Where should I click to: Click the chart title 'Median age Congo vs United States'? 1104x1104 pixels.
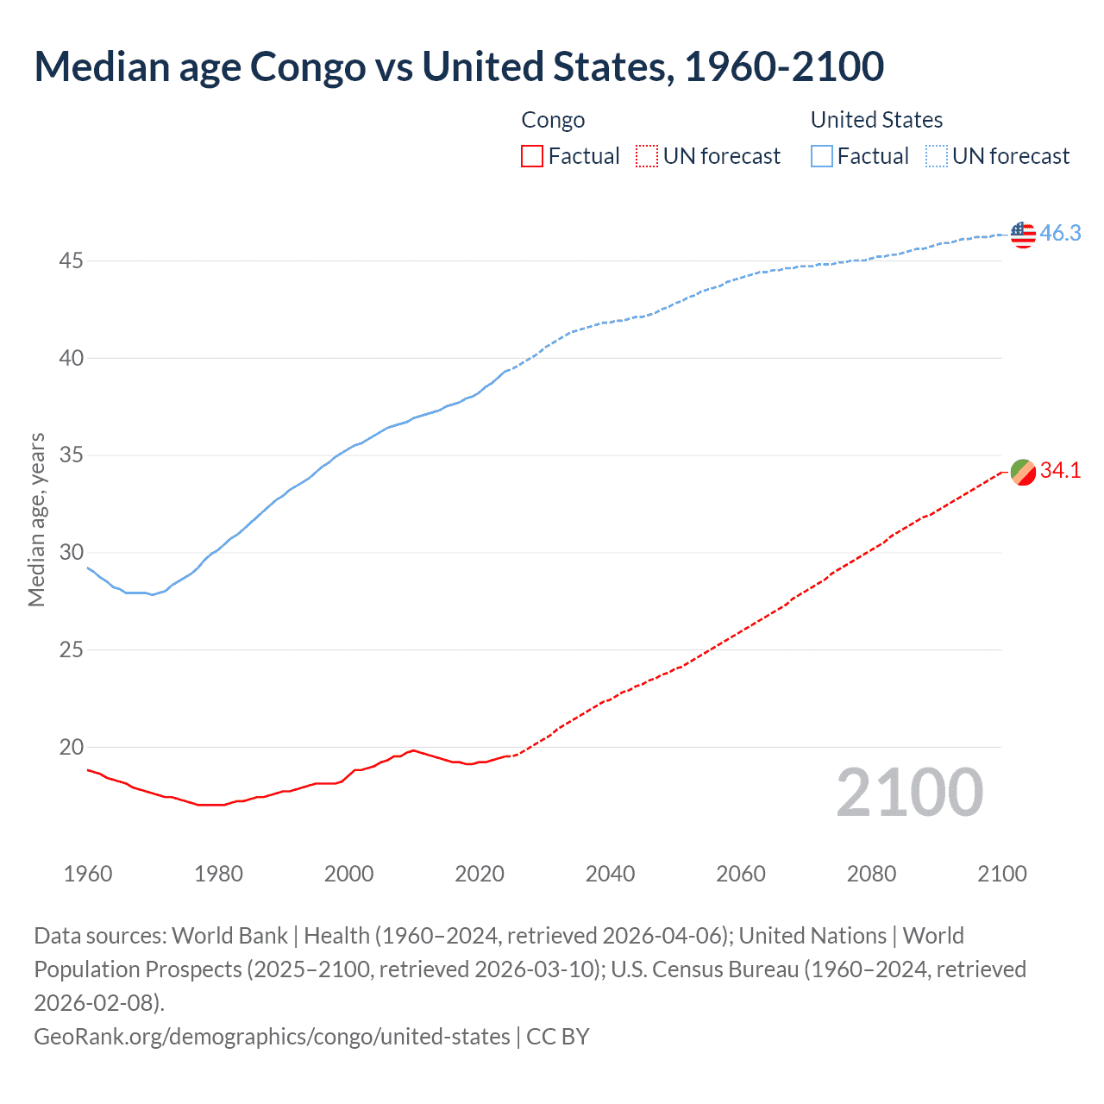pos(459,67)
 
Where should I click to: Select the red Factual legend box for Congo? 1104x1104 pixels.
pos(532,156)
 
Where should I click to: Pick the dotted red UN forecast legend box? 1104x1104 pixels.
pos(647,156)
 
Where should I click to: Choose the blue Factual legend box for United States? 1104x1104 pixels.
pos(822,156)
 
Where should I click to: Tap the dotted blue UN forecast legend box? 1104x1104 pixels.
pos(937,156)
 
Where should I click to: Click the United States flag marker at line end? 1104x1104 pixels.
pos(1023,234)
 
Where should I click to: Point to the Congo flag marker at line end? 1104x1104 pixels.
pos(1023,472)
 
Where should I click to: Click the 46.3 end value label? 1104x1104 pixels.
pos(1060,233)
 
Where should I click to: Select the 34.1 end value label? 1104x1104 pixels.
pos(1060,470)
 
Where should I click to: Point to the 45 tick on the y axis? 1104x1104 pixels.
pos(72,260)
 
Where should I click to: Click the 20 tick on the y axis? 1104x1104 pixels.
pos(72,747)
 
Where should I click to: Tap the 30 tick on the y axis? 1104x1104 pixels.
pos(72,552)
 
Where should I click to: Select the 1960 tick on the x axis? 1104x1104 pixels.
pos(88,874)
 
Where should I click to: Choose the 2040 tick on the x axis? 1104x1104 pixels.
pos(610,874)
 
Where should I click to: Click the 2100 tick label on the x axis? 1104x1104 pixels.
pos(1002,874)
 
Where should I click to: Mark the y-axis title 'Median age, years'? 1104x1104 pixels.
pos(36,520)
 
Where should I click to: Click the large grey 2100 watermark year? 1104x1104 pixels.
pos(909,793)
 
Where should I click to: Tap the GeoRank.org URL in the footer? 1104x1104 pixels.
pos(272,1036)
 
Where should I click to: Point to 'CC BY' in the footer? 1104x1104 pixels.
pos(558,1036)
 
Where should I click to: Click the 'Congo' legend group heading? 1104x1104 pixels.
pos(553,120)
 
